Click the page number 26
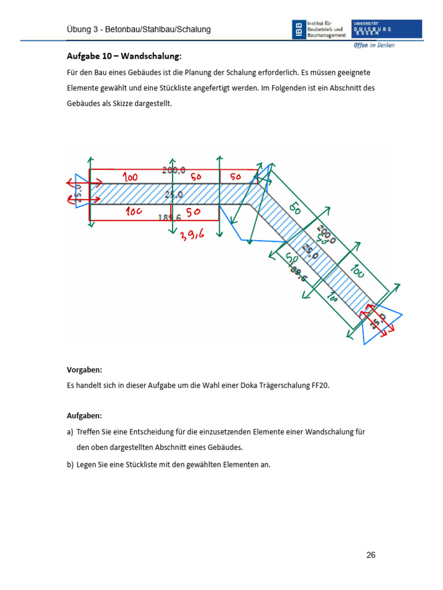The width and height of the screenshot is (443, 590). point(371,555)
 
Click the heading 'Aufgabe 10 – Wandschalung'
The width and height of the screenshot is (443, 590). point(124,56)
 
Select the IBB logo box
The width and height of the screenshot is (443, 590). point(298,29)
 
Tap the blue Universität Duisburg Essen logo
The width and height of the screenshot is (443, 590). point(386,29)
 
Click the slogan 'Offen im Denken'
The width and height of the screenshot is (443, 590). point(374,46)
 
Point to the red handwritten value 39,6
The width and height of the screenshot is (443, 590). point(193,235)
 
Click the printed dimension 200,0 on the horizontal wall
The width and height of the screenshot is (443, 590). point(173,170)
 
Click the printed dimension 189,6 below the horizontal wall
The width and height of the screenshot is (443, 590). point(169,217)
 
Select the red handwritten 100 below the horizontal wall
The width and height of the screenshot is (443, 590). point(134,211)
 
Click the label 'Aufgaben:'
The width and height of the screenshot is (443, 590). point(84,415)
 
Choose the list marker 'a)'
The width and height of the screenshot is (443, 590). point(70,432)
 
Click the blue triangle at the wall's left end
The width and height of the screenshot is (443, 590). point(78,190)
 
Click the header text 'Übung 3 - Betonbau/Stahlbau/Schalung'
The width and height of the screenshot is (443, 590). point(137,29)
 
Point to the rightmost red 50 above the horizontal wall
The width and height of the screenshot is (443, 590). point(235,177)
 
